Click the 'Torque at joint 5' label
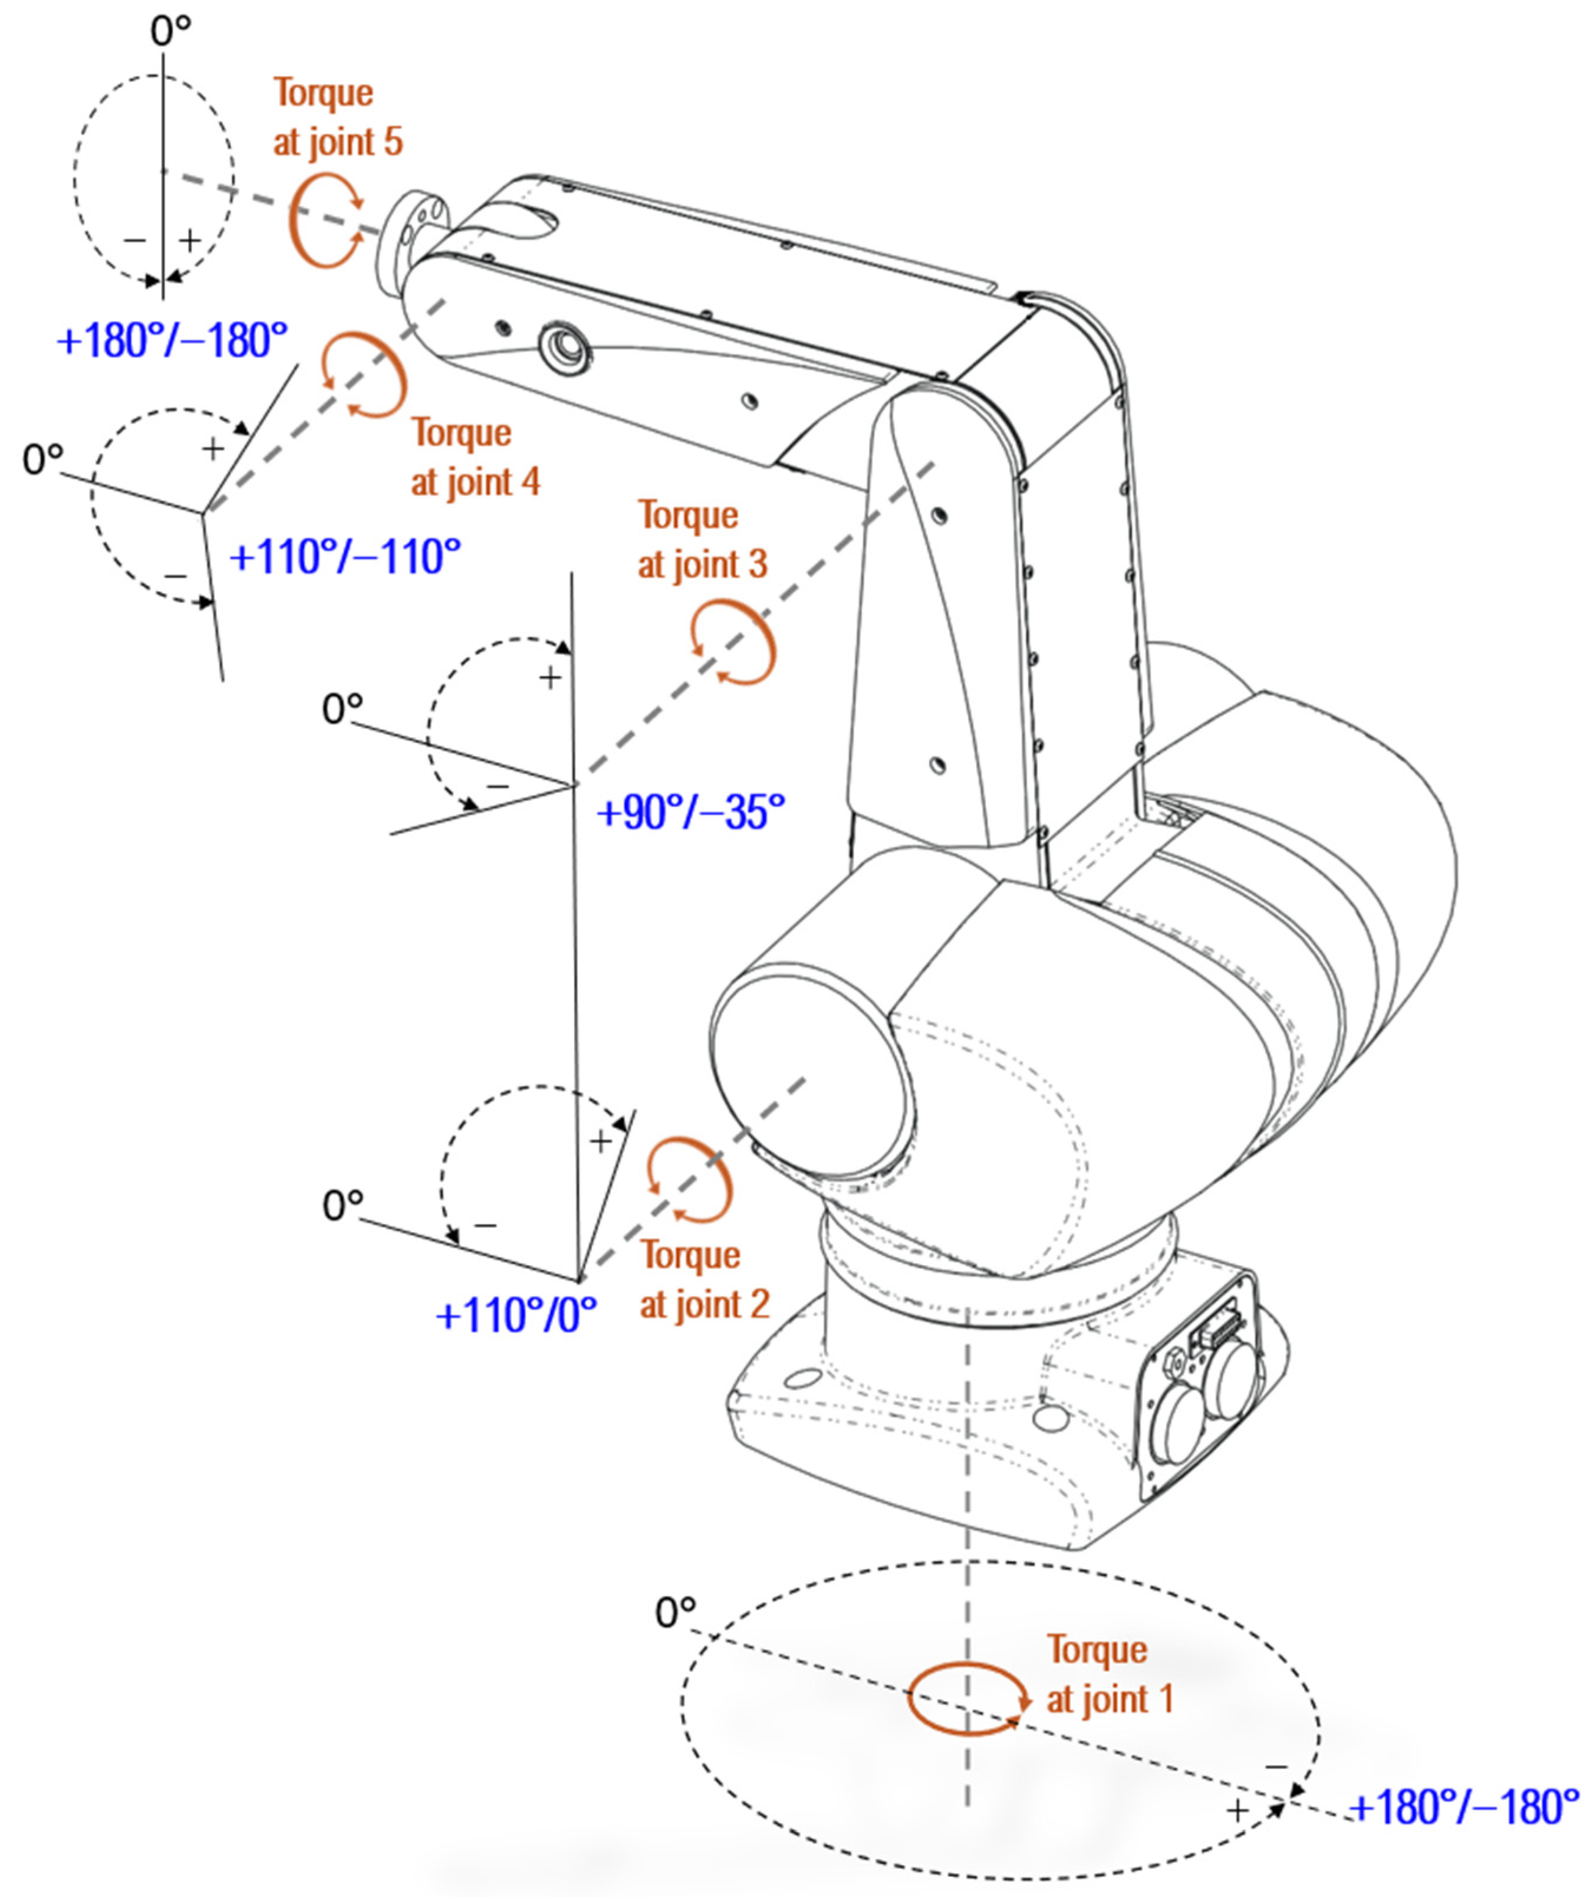click(338, 117)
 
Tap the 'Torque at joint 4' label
click(475, 457)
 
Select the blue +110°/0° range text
click(516, 1315)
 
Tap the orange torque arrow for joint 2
click(690, 1180)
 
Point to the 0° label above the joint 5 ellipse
click(171, 32)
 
